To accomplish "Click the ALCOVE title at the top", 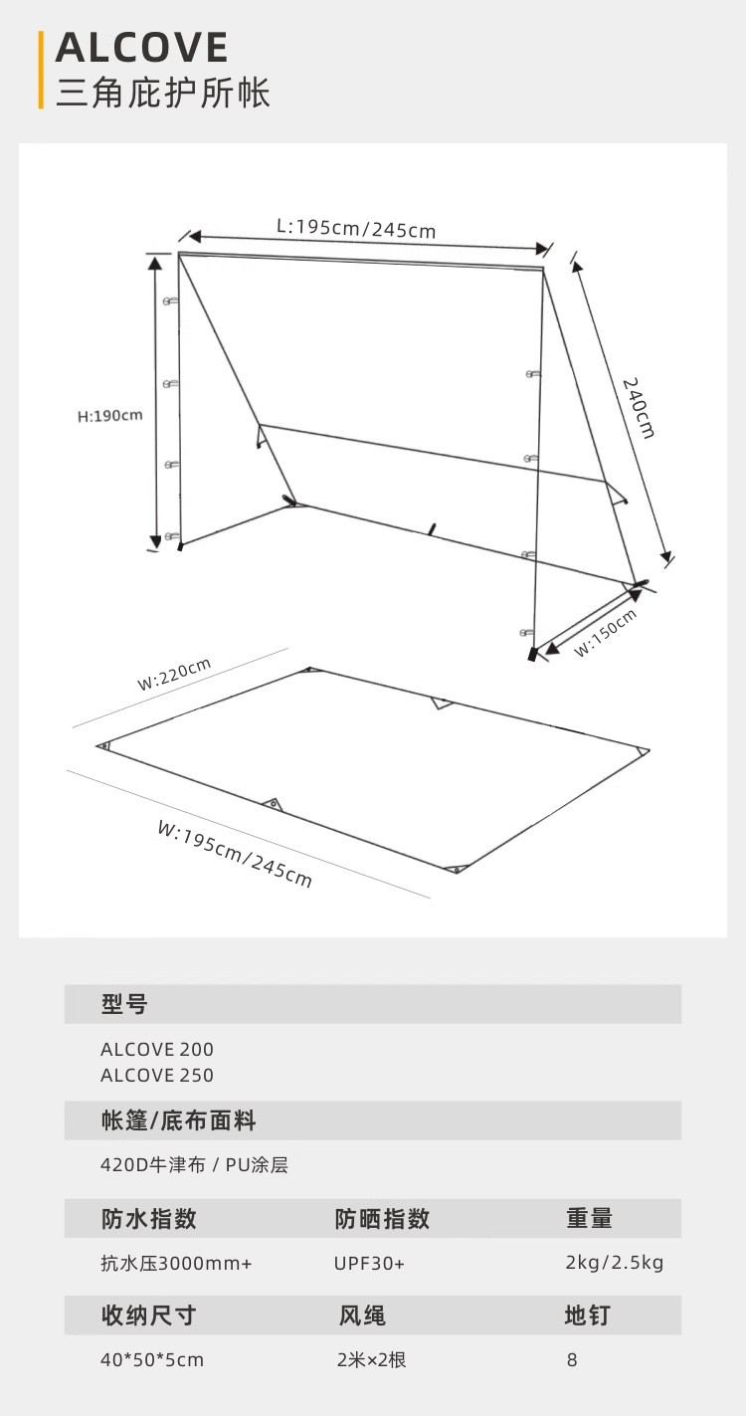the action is click(x=142, y=48).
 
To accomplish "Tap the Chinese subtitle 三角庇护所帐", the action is click(x=163, y=93).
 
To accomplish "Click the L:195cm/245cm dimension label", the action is click(x=356, y=228).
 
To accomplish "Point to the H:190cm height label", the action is click(x=110, y=415).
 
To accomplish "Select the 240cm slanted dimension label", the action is click(x=639, y=407).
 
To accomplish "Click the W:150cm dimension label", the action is click(x=605, y=633).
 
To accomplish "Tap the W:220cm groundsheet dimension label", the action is click(x=174, y=675).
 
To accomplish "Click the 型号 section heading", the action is click(x=124, y=1004).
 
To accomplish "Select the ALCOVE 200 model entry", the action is click(x=157, y=1049).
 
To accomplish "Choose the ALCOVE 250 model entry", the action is click(x=157, y=1075).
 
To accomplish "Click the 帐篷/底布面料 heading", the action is click(x=179, y=1120).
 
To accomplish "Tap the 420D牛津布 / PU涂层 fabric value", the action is click(x=194, y=1164).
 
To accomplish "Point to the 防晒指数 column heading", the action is click(x=382, y=1218).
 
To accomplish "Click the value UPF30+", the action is click(x=369, y=1263).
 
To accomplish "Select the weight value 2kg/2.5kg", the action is click(x=614, y=1263).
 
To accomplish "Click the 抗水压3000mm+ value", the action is click(x=176, y=1263).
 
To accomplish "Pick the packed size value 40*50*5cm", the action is click(x=152, y=1359).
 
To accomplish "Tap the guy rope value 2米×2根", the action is click(x=371, y=1359).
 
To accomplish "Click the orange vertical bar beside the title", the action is click(x=41, y=69).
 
